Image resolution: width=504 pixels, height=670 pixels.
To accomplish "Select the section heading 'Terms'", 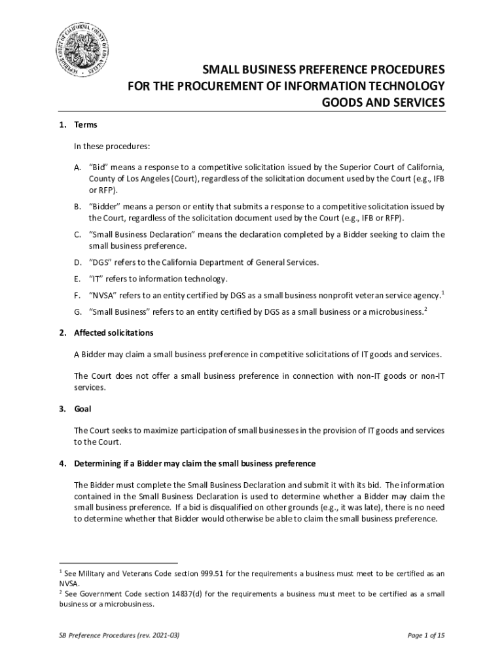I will coord(85,124).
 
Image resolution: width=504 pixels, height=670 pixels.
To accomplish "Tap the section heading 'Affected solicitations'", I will coord(114,333).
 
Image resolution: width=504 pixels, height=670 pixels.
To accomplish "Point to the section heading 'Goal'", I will coord(83,409).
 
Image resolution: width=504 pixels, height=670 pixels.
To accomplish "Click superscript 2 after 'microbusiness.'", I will coord(425,309).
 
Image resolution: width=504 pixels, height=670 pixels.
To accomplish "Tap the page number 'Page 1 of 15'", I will coord(426,635).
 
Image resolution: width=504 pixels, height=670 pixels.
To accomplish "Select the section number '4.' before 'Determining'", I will coord(62,463).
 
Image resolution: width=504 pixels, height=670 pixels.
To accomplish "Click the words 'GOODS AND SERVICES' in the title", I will coord(384,103).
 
